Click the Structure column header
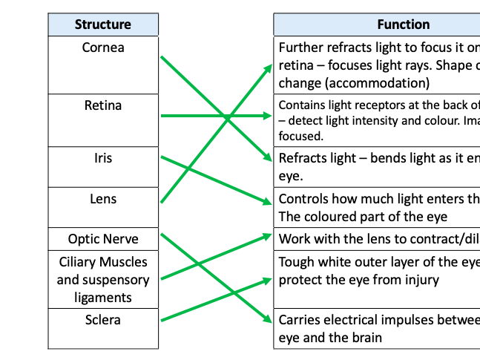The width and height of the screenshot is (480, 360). pos(103,24)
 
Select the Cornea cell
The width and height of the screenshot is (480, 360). pos(103,48)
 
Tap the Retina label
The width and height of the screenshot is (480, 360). pos(103,105)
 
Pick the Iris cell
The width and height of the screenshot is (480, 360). pos(103,158)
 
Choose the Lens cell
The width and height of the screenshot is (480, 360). pos(103,199)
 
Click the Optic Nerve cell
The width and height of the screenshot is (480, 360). pos(103,240)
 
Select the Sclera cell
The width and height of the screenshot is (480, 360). pos(103,320)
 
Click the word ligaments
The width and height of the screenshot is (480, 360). pos(103,297)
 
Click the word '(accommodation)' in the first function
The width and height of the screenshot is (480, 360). pos(354,82)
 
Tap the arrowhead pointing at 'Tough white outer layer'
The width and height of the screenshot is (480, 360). pos(268,281)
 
